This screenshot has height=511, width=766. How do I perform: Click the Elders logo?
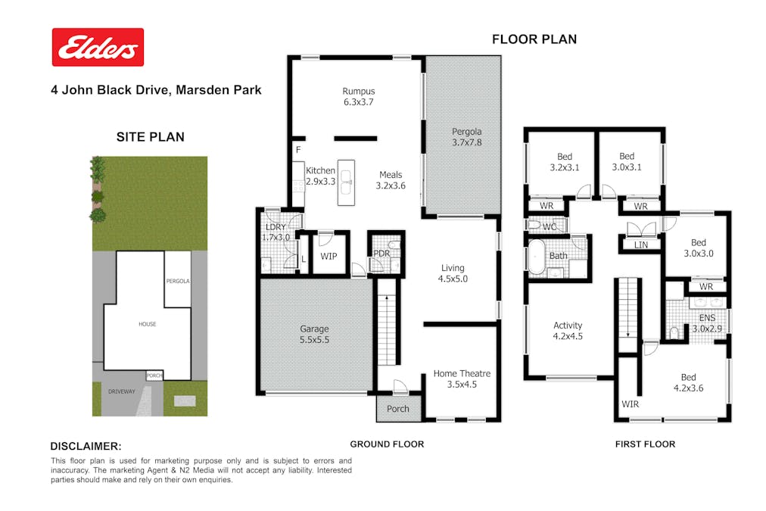click(x=98, y=47)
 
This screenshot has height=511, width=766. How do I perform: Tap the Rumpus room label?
click(x=359, y=96)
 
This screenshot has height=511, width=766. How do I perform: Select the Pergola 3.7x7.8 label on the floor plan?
click(x=466, y=137)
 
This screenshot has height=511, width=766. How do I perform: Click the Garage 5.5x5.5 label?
click(x=314, y=334)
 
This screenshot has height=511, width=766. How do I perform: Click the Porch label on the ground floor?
click(x=398, y=408)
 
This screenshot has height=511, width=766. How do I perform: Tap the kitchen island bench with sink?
click(x=347, y=182)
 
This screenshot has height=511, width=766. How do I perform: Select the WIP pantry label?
click(x=329, y=256)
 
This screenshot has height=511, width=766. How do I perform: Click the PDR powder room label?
click(x=381, y=253)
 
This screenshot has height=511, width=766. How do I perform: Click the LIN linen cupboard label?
click(x=641, y=245)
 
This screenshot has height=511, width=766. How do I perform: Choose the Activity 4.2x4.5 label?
click(x=568, y=330)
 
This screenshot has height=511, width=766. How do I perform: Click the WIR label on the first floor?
click(x=631, y=404)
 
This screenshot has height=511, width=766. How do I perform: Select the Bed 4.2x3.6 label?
click(x=688, y=382)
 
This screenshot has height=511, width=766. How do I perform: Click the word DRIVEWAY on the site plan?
click(x=122, y=391)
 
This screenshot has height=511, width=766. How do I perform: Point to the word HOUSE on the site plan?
click(x=147, y=324)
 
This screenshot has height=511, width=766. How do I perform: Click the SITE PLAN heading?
click(x=151, y=137)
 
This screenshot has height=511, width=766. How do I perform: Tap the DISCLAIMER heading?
click(x=86, y=446)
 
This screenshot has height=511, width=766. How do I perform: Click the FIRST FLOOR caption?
click(x=645, y=444)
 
